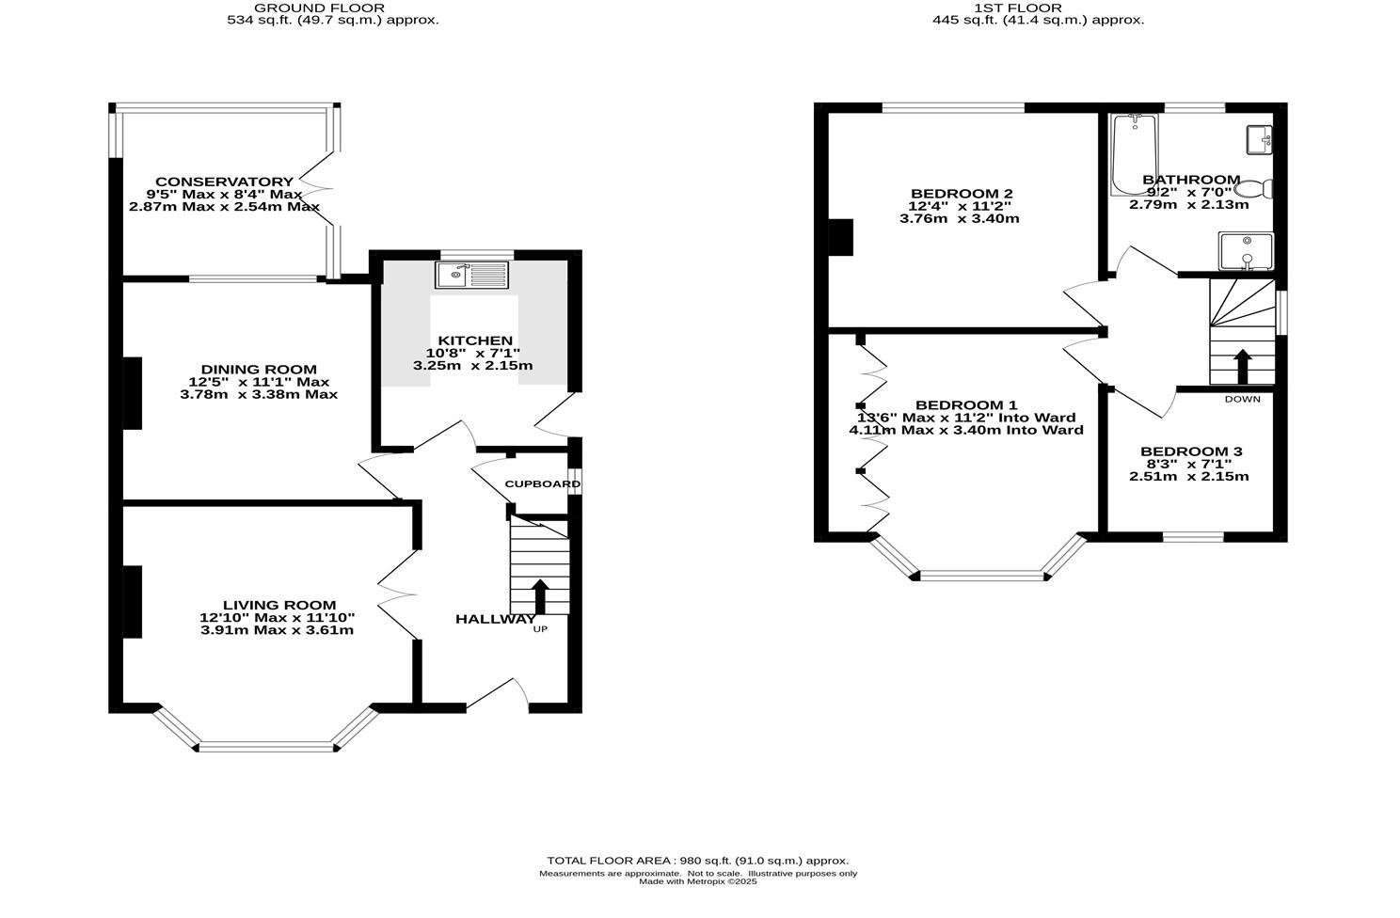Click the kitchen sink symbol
coord(470,275)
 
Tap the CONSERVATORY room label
coord(224,182)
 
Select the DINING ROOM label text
coord(259,370)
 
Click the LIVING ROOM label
coord(278,606)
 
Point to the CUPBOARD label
coord(542,484)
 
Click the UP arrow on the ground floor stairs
coord(540,595)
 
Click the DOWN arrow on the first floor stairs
coord(1242,366)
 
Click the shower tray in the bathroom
coord(1246,251)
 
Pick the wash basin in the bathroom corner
coord(1259,140)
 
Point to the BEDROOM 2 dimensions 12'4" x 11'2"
coord(960,206)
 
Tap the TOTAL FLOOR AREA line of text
coord(697,861)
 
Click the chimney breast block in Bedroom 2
coord(839,237)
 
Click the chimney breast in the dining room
coord(133,393)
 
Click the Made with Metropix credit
coord(697,882)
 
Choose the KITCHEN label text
coord(475,340)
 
